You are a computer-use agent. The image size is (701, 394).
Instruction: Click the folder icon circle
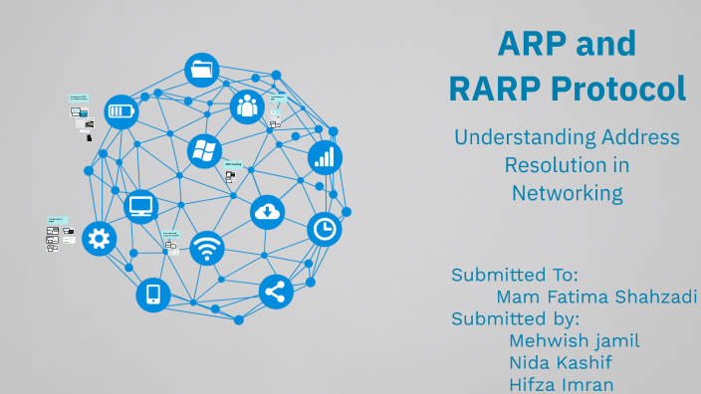click(x=202, y=70)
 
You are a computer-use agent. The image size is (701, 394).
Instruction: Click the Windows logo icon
click(x=204, y=151)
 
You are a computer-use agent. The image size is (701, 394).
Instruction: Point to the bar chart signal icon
click(x=325, y=156)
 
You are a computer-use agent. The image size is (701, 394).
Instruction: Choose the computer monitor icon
click(x=141, y=207)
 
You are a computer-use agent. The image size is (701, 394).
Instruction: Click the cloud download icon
click(x=267, y=211)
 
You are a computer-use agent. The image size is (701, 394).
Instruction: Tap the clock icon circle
click(x=324, y=229)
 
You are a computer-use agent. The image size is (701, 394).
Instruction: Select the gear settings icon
click(x=99, y=238)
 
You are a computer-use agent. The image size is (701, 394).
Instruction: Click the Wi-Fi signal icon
click(x=207, y=248)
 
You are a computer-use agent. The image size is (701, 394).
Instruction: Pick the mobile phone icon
click(x=153, y=294)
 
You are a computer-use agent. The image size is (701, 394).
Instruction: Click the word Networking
click(x=567, y=193)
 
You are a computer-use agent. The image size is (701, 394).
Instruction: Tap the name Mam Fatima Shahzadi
click(x=594, y=296)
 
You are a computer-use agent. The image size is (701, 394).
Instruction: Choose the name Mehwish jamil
click(x=574, y=340)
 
